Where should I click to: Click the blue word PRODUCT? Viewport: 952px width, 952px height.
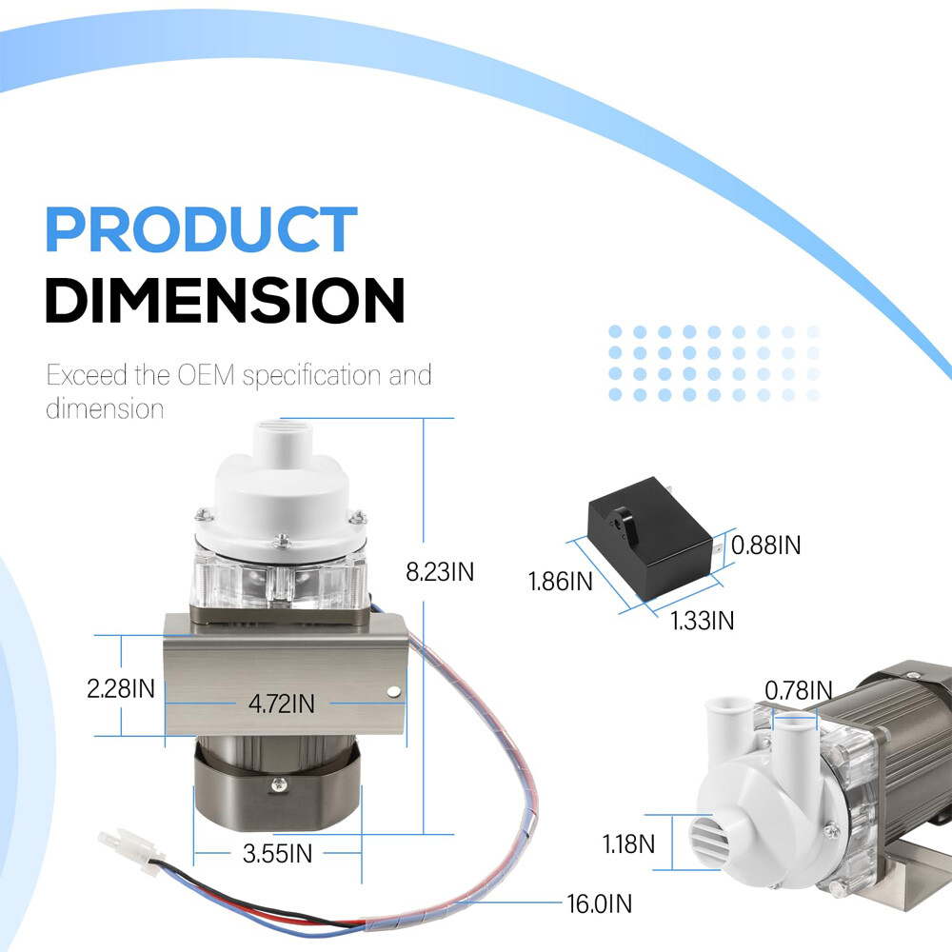pos(201,228)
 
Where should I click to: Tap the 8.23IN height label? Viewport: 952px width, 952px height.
pos(440,572)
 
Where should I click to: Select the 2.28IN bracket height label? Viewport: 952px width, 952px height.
pos(121,688)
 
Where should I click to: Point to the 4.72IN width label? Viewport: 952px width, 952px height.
pos(282,704)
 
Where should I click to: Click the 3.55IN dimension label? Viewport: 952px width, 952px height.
pos(277,854)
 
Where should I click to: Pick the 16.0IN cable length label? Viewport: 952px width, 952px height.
pos(599,903)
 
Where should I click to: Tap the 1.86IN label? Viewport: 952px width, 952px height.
pos(561,582)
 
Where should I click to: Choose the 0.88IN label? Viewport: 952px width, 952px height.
pos(765,545)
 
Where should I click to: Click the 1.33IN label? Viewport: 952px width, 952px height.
pos(702,621)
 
